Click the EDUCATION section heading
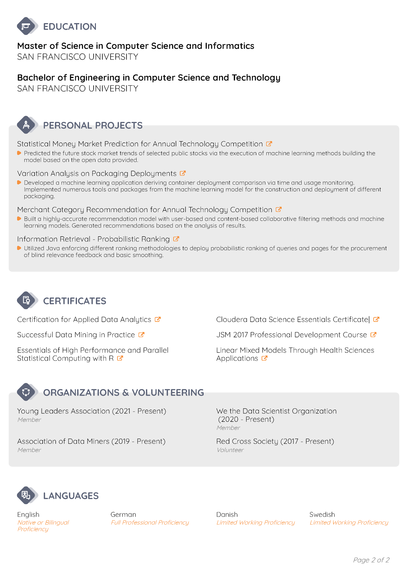point(70,27)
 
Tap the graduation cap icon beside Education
point(26,26)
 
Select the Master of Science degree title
point(136,46)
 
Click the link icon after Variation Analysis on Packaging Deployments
point(183,173)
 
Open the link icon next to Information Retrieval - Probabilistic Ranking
point(176,239)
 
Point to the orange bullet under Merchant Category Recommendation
point(19,218)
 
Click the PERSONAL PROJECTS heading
point(93,125)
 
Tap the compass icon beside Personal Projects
point(26,125)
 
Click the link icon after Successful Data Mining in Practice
point(141,334)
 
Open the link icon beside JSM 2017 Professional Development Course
point(373,334)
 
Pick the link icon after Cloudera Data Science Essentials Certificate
point(376,319)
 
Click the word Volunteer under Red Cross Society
point(230,450)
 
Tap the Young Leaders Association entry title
point(92,411)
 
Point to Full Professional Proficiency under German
point(150,522)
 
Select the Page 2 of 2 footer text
point(371,560)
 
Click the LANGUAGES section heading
point(71,496)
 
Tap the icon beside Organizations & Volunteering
point(26,392)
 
